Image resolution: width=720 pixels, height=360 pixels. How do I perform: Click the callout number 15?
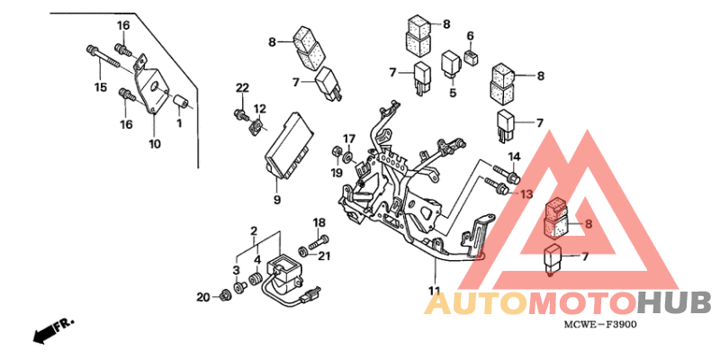coord(101,86)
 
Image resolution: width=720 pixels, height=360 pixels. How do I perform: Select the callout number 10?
coord(155,144)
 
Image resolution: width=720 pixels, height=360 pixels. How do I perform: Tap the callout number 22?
coord(242,87)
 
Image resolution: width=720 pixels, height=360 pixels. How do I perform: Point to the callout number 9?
coord(277,200)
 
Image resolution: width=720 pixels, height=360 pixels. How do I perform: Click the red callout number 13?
coord(526,194)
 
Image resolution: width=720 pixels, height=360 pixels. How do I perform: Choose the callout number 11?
coord(435,290)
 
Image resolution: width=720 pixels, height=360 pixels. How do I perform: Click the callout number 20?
coord(203,298)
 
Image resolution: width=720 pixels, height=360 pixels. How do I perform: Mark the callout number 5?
coord(453,93)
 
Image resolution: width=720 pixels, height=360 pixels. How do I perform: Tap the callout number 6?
coord(470,36)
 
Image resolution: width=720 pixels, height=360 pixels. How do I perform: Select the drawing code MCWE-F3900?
coord(600,325)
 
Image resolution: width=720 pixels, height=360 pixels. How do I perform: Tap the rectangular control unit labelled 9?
coord(291,145)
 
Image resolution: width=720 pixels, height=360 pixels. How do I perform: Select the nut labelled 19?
coord(336,151)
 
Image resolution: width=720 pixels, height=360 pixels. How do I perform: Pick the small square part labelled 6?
coord(471,57)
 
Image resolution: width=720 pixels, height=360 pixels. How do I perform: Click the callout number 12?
coord(260,109)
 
